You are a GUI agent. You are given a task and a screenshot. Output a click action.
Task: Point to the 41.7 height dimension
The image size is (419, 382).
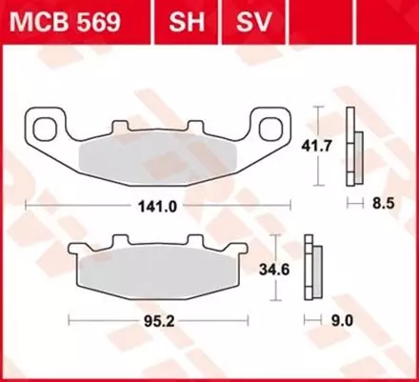330,147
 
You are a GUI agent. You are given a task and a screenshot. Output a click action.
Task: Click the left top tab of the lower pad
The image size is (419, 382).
118,243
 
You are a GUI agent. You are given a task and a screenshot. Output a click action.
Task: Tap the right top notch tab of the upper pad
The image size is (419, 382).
209,127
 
